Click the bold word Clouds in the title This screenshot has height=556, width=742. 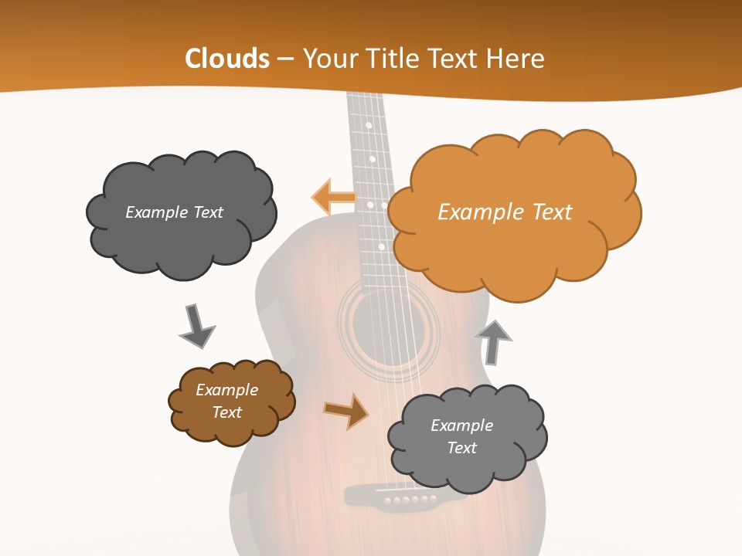tap(227, 59)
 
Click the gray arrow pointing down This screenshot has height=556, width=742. tap(196, 326)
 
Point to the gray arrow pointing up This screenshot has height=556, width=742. tap(494, 342)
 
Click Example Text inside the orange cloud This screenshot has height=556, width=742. tap(505, 212)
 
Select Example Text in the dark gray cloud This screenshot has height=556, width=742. tap(174, 212)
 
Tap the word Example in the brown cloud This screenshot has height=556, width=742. tap(226, 390)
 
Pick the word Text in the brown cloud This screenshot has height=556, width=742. tap(226, 412)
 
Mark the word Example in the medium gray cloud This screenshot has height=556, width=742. tap(461, 425)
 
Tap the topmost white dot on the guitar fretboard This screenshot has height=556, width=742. tap(369, 125)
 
